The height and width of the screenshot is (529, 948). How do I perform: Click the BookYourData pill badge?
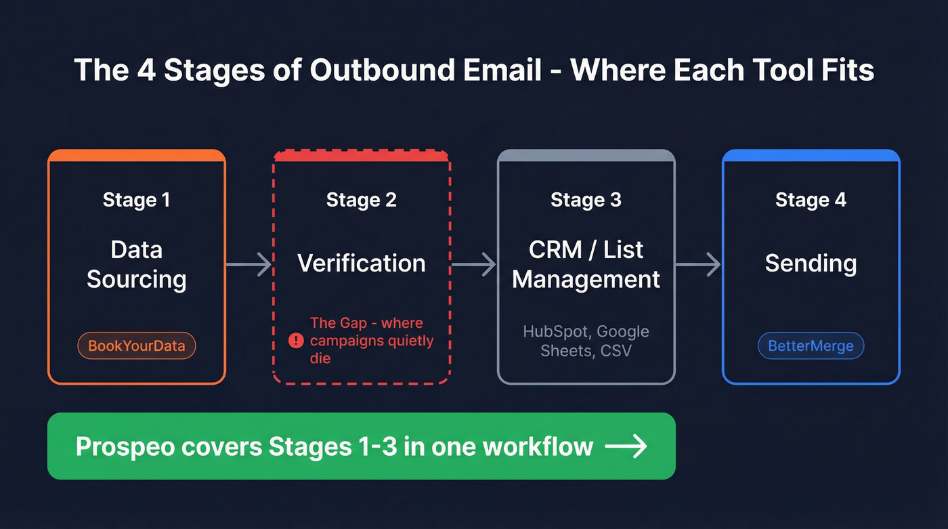click(137, 346)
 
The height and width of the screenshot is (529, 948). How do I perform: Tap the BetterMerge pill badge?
click(811, 346)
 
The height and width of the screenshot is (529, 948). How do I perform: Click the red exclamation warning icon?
click(296, 341)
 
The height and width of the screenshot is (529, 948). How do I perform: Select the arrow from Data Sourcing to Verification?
click(249, 263)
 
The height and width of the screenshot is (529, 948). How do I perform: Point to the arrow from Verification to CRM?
click(474, 263)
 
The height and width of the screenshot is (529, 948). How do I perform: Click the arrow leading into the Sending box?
click(698, 263)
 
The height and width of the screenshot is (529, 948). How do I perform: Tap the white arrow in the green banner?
click(626, 446)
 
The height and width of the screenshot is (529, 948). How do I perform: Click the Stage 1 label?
click(136, 200)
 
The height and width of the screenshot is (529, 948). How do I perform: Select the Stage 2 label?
click(362, 200)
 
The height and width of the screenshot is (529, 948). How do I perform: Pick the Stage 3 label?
click(586, 200)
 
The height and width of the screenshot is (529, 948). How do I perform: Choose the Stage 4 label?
click(811, 200)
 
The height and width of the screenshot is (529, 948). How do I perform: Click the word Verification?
click(362, 263)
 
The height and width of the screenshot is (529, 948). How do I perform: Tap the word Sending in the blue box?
click(811, 263)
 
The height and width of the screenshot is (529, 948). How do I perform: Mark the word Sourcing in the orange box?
click(136, 279)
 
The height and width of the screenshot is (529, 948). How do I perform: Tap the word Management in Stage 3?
click(586, 279)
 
